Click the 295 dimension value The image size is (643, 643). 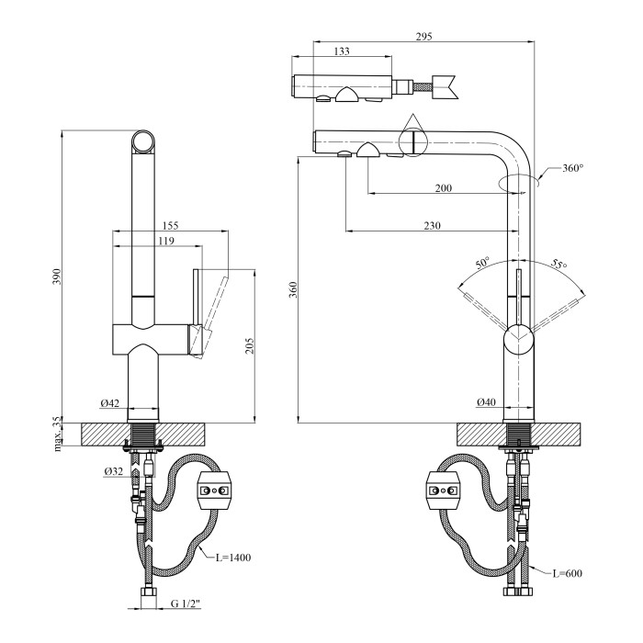click(x=423, y=37)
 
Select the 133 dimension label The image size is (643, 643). click(x=341, y=52)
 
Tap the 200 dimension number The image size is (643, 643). click(x=444, y=188)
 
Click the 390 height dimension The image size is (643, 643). click(x=55, y=276)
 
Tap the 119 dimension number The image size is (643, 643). click(x=165, y=241)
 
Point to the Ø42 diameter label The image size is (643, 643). click(x=109, y=403)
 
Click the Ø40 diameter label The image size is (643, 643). click(x=487, y=402)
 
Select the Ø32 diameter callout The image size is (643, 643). click(x=114, y=471)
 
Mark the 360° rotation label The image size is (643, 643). click(x=573, y=168)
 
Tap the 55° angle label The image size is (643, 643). click(x=558, y=265)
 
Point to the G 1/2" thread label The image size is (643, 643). click(x=186, y=604)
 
